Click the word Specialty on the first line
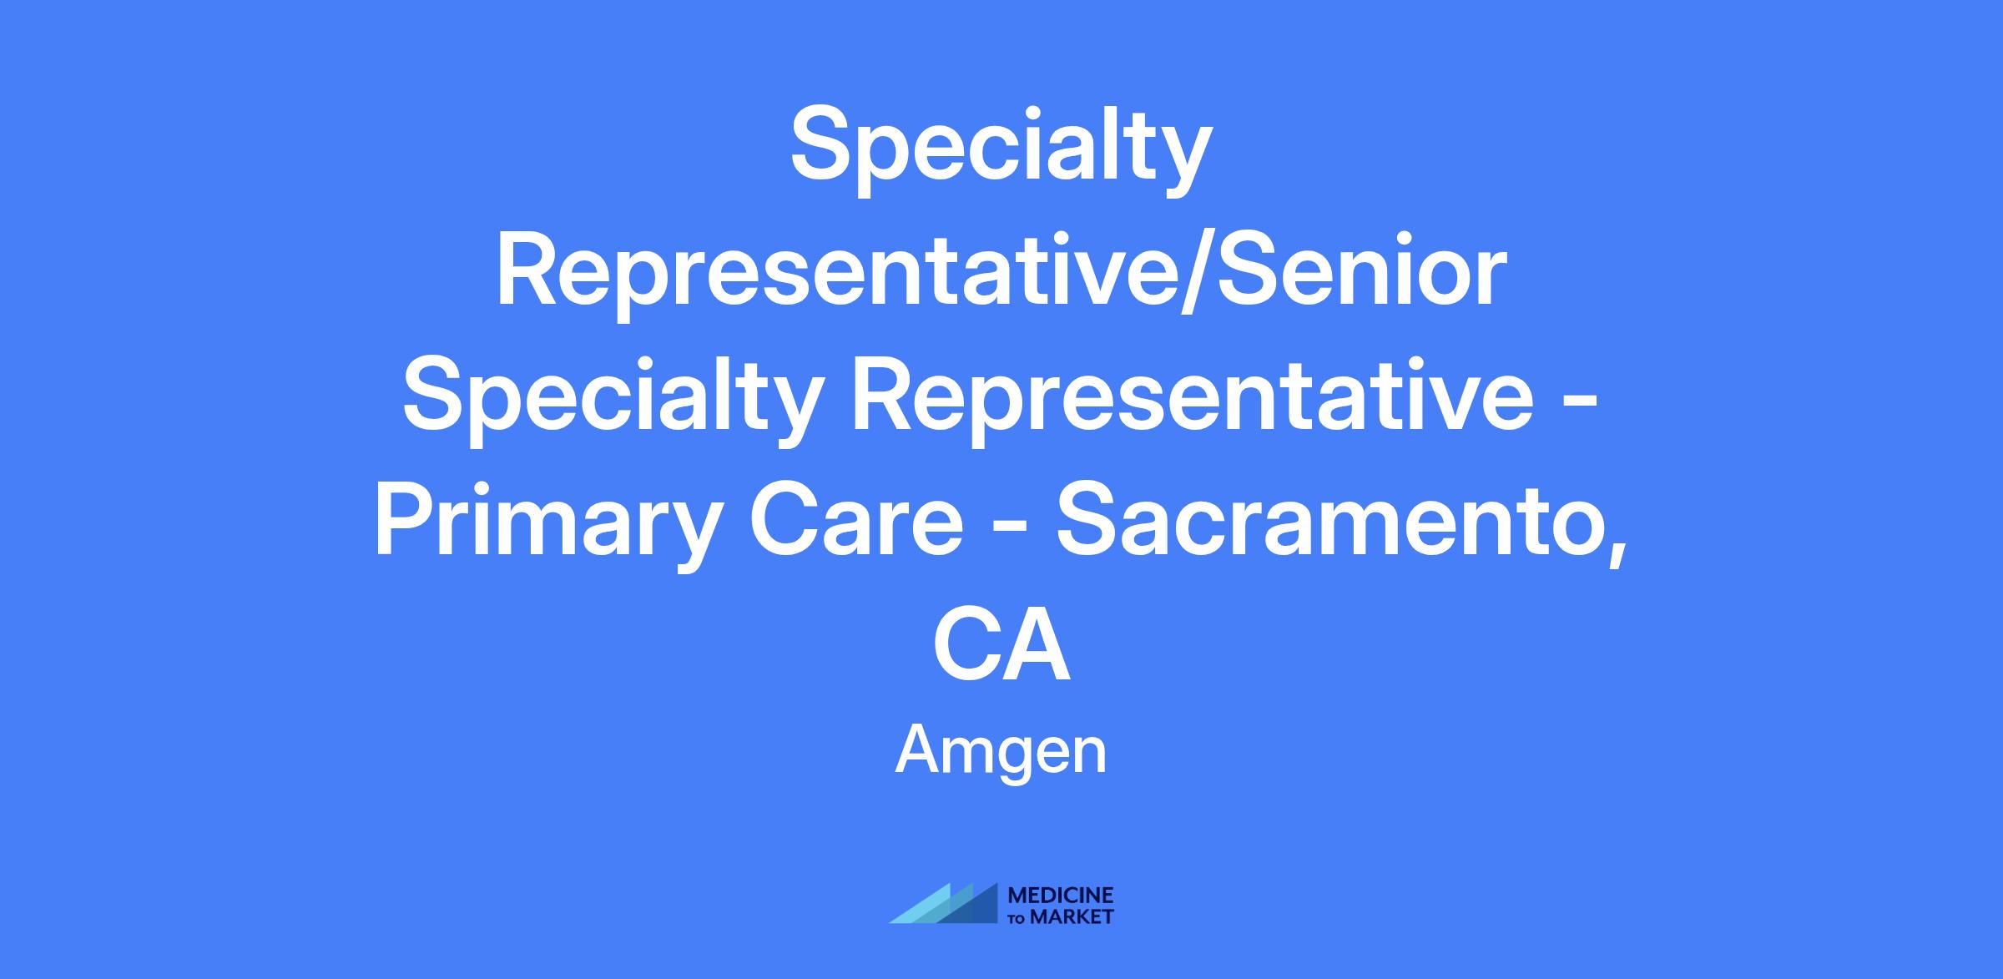coord(1001,152)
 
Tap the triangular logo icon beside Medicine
coord(943,903)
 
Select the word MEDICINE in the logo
coord(1062,896)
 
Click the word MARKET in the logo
coord(1072,916)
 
